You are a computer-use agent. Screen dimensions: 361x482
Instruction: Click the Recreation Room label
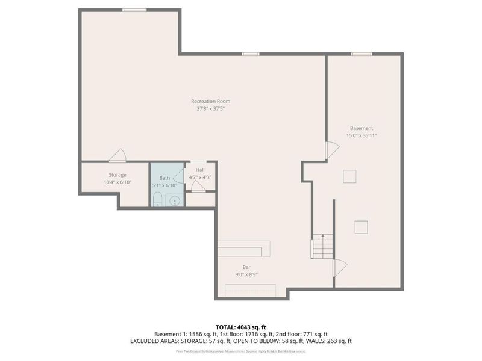pyautogui.click(x=211, y=101)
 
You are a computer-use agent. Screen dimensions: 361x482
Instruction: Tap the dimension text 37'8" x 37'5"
pyautogui.click(x=211, y=109)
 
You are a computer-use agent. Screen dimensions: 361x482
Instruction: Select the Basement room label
pyautogui.click(x=361, y=128)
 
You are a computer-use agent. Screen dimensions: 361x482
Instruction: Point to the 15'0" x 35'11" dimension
pyautogui.click(x=361, y=136)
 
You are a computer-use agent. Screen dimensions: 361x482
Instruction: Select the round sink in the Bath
pyautogui.click(x=175, y=200)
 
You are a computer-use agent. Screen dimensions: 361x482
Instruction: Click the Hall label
pyautogui.click(x=200, y=170)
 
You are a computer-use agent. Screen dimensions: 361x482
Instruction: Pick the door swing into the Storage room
pyautogui.click(x=117, y=156)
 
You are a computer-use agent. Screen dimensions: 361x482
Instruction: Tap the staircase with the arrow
pyautogui.click(x=322, y=246)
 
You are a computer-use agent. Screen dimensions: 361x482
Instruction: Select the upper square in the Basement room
pyautogui.click(x=349, y=176)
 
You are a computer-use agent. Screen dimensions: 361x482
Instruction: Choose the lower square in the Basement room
pyautogui.click(x=361, y=226)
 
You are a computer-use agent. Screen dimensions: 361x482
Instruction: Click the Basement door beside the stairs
pyautogui.click(x=339, y=265)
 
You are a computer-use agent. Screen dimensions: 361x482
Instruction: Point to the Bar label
pyautogui.click(x=247, y=267)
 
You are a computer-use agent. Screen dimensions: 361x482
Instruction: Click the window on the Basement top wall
pyautogui.click(x=361, y=54)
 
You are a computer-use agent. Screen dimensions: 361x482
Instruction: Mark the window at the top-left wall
pyautogui.click(x=134, y=10)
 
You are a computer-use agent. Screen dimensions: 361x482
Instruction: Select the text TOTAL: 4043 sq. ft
pyautogui.click(x=241, y=327)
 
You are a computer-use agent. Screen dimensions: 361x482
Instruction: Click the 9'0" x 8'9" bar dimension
pyautogui.click(x=247, y=274)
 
